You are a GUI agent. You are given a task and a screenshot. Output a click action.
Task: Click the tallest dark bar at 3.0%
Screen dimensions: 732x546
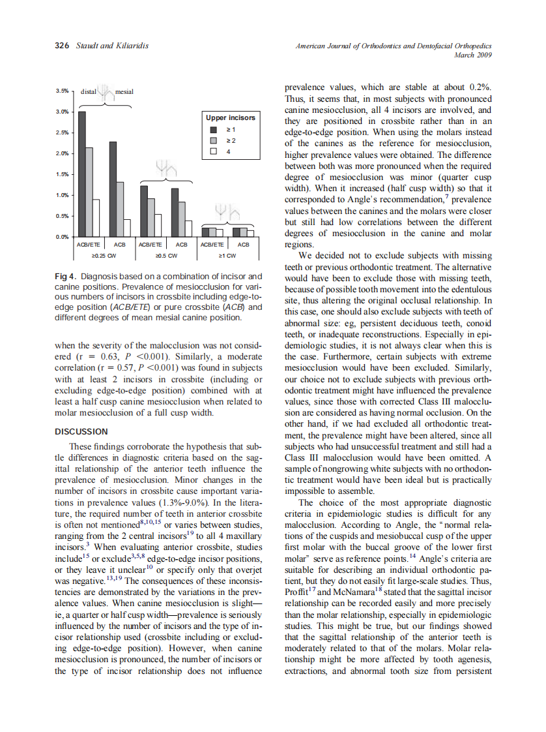pos(82,174)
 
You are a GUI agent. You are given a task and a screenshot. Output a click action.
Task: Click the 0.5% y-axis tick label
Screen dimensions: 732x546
pos(62,216)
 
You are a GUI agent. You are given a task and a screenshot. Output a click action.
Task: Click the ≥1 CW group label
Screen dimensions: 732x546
pos(226,255)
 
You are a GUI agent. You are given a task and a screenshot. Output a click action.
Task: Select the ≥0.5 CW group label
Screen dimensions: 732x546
pos(163,255)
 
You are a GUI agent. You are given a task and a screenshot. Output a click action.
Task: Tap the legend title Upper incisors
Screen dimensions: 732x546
pos(231,118)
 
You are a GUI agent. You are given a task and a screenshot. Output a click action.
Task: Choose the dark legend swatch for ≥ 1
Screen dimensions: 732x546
pos(214,130)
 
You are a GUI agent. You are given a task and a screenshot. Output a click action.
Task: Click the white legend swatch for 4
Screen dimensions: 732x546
pos(214,151)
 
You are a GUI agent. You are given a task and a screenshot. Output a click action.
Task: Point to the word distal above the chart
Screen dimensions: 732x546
pos(88,92)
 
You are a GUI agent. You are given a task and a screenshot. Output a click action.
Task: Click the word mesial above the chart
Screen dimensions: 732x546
pos(124,92)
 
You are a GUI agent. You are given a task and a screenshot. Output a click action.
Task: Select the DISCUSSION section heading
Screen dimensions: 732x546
pos(81,431)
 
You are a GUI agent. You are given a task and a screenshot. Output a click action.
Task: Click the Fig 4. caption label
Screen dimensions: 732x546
pos(66,277)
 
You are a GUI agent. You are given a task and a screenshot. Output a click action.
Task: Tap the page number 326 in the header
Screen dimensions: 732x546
pos(61,46)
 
